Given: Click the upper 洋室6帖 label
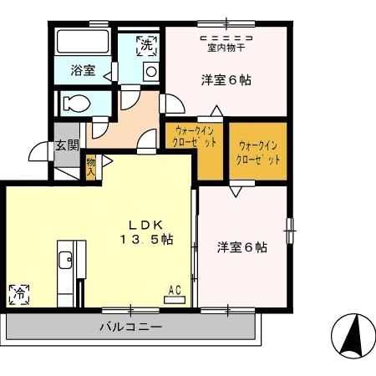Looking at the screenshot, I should tap(226, 81).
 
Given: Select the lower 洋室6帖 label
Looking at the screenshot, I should tap(242, 247).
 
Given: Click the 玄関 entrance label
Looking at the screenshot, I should tap(67, 145).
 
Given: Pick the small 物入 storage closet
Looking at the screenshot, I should tap(90, 167).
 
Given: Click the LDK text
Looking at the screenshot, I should tap(144, 224).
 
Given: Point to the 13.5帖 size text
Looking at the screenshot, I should tap(145, 239).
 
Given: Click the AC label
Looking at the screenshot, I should tap(175, 290).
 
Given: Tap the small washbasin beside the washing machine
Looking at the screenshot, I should tap(150, 73).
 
